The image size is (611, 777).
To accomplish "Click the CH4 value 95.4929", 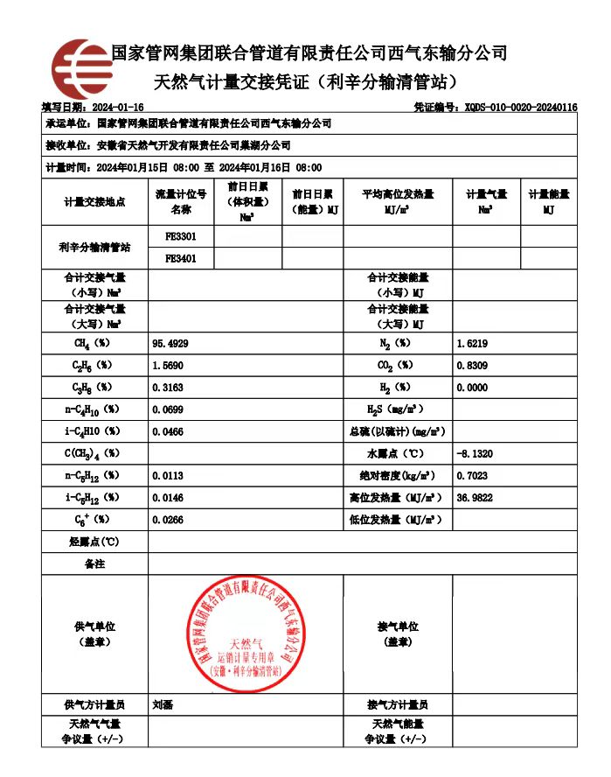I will click(170, 343).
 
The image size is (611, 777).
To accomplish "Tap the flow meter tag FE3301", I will click(181, 236).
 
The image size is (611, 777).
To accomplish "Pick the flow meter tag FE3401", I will click(181, 259).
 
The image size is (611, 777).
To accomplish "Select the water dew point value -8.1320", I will click(475, 453).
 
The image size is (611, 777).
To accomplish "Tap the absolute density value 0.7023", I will click(472, 476).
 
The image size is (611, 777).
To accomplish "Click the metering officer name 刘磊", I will click(163, 703).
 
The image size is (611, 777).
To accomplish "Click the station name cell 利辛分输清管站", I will click(94, 248).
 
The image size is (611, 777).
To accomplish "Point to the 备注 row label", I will click(94, 564).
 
